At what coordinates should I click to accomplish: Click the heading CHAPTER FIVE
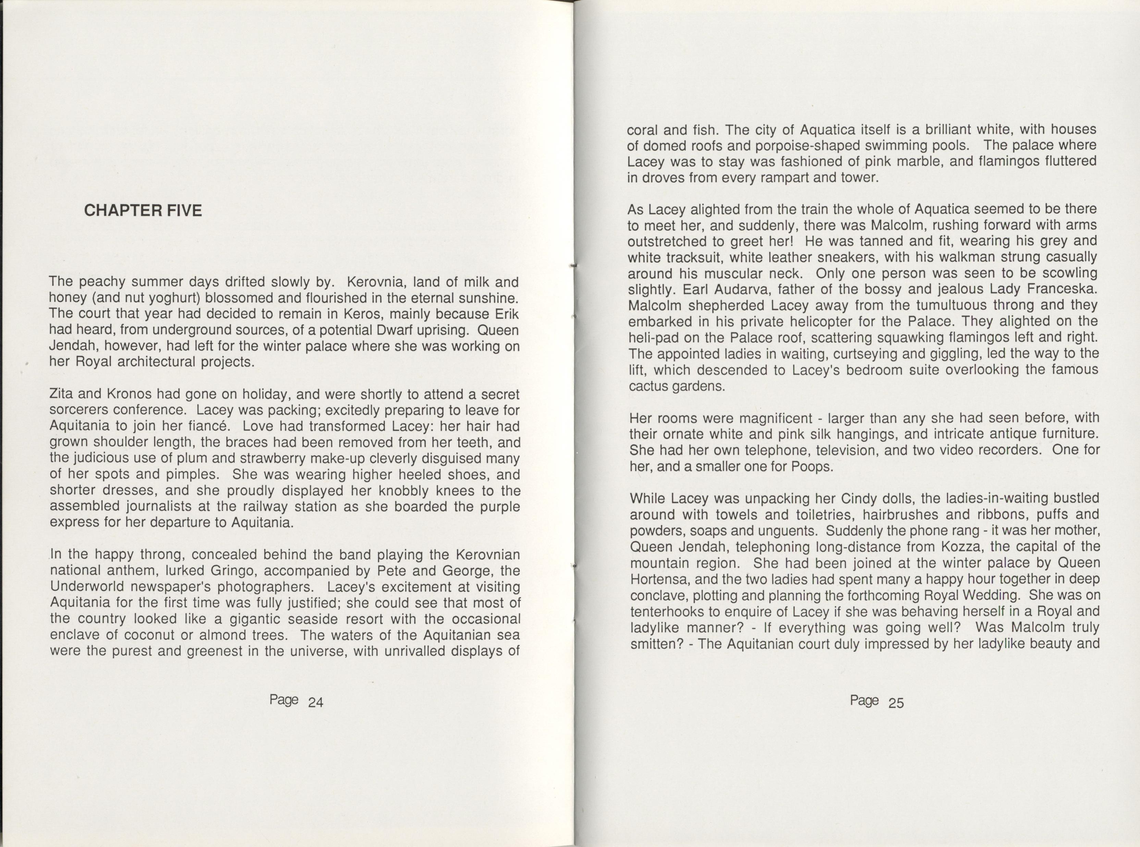point(143,211)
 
